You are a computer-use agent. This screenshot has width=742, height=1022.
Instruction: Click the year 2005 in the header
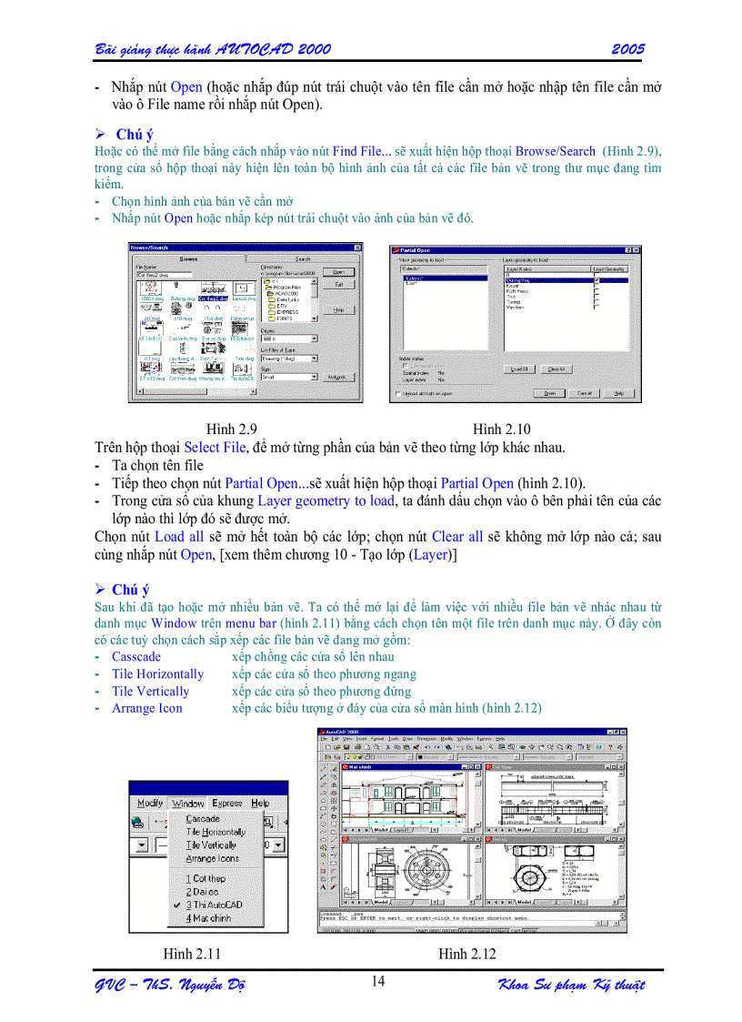tap(627, 49)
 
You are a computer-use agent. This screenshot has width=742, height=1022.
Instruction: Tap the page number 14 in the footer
tap(378, 981)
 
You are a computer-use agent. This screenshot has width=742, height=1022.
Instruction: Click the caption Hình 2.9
tap(231, 429)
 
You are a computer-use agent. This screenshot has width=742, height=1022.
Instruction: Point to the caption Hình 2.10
tap(501, 429)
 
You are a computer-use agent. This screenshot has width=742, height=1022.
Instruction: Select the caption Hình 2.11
tap(191, 954)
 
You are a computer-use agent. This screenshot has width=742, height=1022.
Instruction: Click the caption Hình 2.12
tap(467, 954)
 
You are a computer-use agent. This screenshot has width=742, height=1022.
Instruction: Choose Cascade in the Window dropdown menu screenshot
tap(203, 819)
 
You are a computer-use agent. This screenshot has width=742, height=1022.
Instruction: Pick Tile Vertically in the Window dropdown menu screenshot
tap(211, 845)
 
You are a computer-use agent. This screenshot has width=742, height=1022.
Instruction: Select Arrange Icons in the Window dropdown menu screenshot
tap(212, 858)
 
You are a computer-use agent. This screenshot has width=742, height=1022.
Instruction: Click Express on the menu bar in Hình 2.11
tap(227, 803)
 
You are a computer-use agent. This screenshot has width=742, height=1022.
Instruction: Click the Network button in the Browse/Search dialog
tap(337, 376)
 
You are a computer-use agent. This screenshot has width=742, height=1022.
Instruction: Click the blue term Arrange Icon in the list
tap(146, 708)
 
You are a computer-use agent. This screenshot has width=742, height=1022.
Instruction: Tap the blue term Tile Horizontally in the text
tap(157, 673)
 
